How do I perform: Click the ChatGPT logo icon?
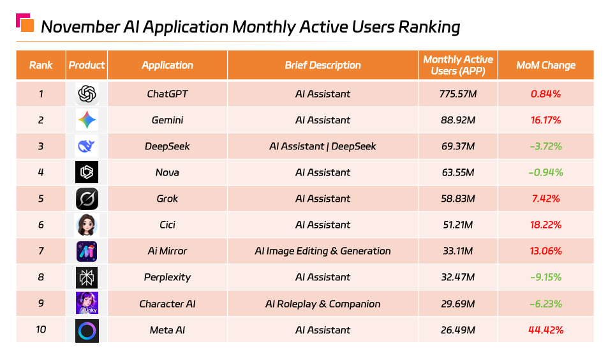click(x=87, y=94)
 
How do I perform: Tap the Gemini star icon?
click(x=87, y=121)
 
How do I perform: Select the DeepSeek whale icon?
click(x=87, y=147)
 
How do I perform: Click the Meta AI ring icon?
click(x=87, y=331)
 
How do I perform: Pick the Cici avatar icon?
click(x=87, y=225)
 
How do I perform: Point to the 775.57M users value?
click(x=457, y=94)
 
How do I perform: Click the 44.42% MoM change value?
click(x=545, y=330)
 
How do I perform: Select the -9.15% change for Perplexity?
click(x=545, y=278)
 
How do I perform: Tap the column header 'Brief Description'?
click(x=323, y=65)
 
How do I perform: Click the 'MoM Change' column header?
click(x=545, y=65)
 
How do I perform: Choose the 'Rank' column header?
click(x=41, y=65)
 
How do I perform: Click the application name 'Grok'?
click(x=167, y=199)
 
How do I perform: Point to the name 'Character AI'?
click(x=167, y=304)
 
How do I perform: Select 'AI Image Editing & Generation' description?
click(x=323, y=251)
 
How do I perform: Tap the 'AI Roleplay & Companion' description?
click(x=323, y=304)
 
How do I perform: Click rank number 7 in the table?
click(x=41, y=251)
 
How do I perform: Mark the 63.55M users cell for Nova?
click(x=457, y=173)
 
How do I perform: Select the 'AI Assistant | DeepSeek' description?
click(x=323, y=147)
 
